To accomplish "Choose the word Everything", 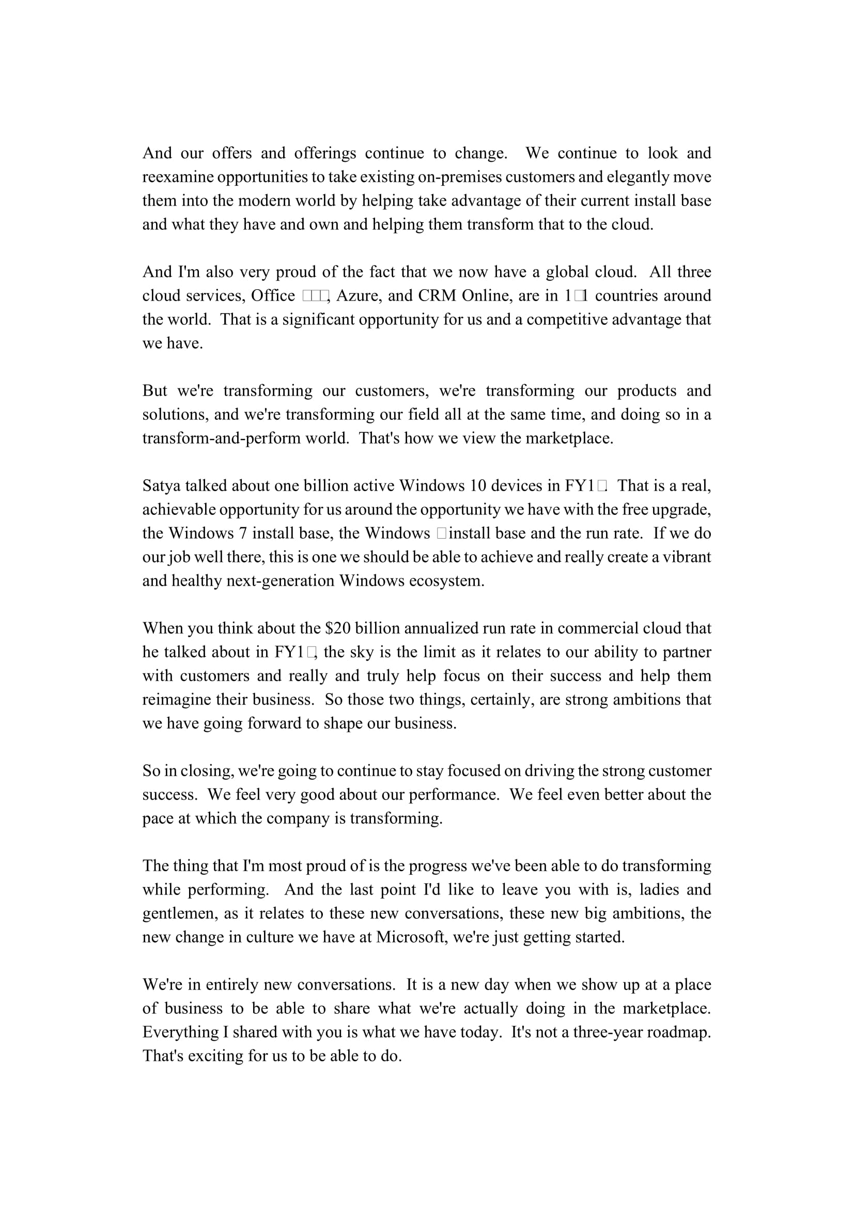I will point(180,1032).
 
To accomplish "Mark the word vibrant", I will point(687,557).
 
